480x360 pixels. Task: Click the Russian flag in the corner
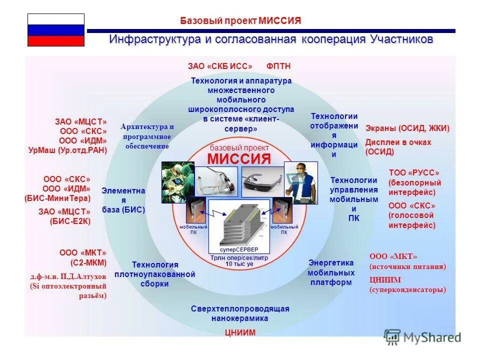pos(55,30)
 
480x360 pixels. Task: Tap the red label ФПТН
pos(278,66)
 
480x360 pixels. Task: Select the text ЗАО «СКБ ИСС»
pos(220,66)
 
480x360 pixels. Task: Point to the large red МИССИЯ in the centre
pos(239,159)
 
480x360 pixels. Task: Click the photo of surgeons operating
pos(177,181)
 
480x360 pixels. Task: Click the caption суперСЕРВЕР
pos(238,249)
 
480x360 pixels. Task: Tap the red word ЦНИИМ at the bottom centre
pos(240,332)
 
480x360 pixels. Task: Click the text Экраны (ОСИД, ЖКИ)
pos(407,128)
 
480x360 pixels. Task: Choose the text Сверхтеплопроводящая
pos(240,308)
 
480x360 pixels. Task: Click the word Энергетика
pos(331,263)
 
